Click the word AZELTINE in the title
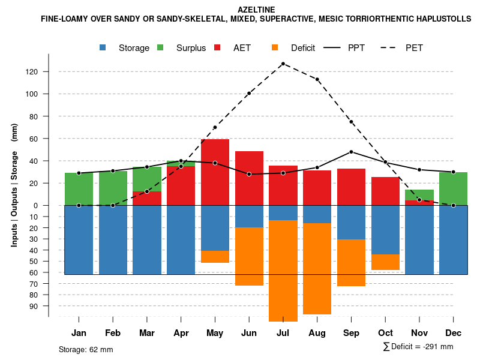(256, 10)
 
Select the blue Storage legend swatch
(103, 47)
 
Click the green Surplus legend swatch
(160, 47)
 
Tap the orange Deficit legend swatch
(275, 47)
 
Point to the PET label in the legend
(414, 48)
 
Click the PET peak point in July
(283, 64)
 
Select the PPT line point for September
(351, 152)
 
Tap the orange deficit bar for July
(283, 270)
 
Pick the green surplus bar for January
(79, 189)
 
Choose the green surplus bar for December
(453, 188)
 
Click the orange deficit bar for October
(385, 262)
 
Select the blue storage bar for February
(113, 240)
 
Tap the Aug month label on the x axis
(317, 333)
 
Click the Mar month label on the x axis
(147, 333)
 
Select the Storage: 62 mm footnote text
(86, 349)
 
